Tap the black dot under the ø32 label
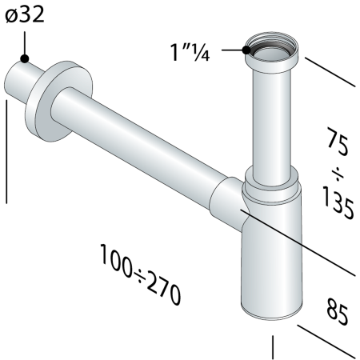(26, 58)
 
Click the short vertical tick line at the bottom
(274, 346)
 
